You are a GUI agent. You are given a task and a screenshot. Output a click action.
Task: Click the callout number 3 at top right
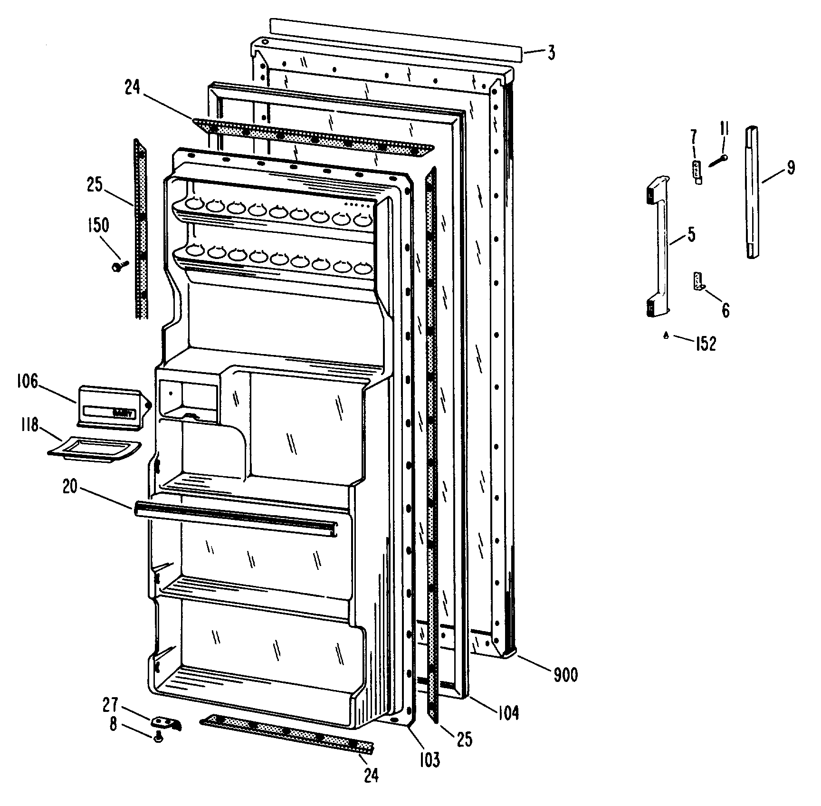pyautogui.click(x=551, y=52)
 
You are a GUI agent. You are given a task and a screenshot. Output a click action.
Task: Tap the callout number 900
pyautogui.click(x=565, y=674)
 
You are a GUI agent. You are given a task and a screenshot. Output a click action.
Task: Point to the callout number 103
pyautogui.click(x=429, y=760)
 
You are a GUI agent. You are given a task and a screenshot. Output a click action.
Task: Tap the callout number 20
pyautogui.click(x=70, y=488)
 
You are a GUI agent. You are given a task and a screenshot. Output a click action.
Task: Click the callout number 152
pyautogui.click(x=705, y=343)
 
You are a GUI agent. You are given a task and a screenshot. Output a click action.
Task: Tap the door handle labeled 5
pyautogui.click(x=658, y=247)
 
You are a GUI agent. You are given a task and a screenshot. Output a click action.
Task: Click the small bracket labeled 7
pyautogui.click(x=697, y=171)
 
